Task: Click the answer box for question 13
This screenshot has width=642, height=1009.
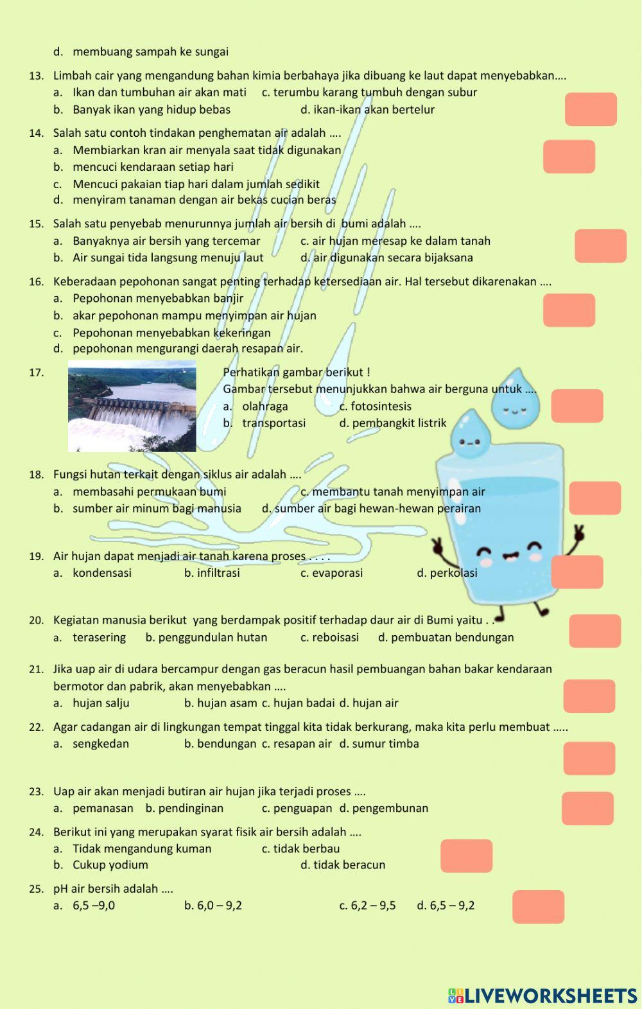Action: coord(591,109)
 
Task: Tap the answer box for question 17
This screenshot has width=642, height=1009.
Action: coord(577,406)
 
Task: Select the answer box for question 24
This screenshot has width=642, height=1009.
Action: coord(466,855)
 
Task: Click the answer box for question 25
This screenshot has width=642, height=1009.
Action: coord(538,906)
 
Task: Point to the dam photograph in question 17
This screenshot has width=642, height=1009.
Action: coord(132,406)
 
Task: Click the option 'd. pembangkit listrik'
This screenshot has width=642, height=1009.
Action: coord(392,423)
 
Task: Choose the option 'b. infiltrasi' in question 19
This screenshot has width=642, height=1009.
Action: coord(212,573)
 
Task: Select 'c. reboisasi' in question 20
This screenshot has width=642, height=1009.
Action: coord(329,637)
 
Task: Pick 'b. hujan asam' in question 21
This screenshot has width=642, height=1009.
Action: coord(220,703)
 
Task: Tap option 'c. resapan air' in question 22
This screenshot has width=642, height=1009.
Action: coord(297,744)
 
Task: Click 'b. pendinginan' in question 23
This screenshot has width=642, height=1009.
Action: coord(184,808)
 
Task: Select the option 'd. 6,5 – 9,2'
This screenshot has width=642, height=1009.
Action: coord(446,906)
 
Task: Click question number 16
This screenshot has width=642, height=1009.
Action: coord(36,281)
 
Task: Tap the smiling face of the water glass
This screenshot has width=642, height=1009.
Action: coord(510,554)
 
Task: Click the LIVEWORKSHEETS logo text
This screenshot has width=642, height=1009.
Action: coord(542,996)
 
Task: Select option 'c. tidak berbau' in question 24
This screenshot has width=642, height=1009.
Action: coord(300,848)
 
